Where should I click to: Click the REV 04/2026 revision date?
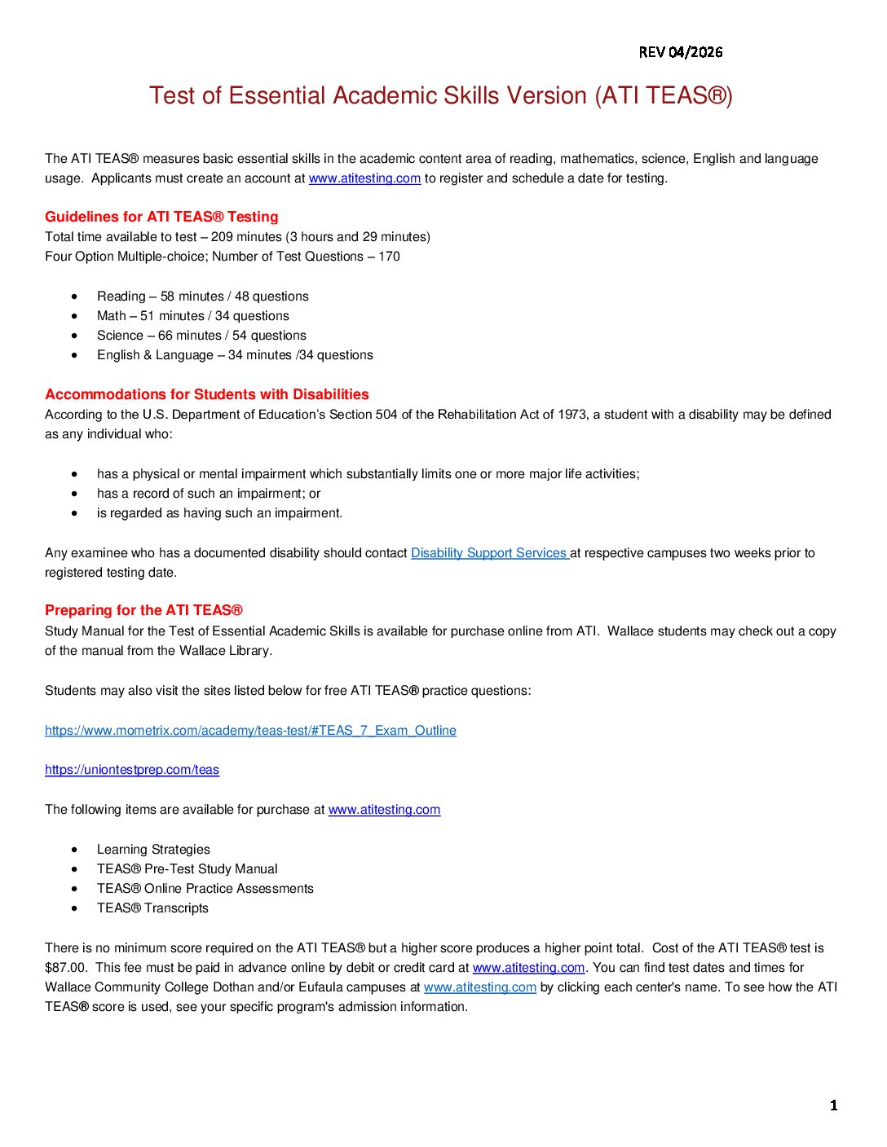click(681, 52)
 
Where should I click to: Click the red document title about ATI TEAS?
click(441, 96)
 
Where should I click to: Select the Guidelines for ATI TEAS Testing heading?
click(161, 217)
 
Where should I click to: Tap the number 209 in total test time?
click(222, 237)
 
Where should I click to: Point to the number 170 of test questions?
click(389, 257)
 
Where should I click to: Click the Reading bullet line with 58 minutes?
click(202, 297)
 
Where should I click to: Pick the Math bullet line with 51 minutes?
click(192, 316)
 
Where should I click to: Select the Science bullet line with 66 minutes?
click(201, 336)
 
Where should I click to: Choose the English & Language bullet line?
click(235, 355)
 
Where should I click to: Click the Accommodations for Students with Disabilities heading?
click(207, 394)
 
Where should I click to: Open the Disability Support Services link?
click(489, 553)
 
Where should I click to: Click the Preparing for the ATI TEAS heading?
click(143, 610)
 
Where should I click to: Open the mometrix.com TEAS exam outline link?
click(250, 731)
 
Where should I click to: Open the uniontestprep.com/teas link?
click(132, 770)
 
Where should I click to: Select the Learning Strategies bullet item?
click(153, 850)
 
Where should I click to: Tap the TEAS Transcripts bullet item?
click(152, 908)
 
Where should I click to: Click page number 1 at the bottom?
click(833, 1105)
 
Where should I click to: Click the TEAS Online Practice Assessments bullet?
click(205, 889)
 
